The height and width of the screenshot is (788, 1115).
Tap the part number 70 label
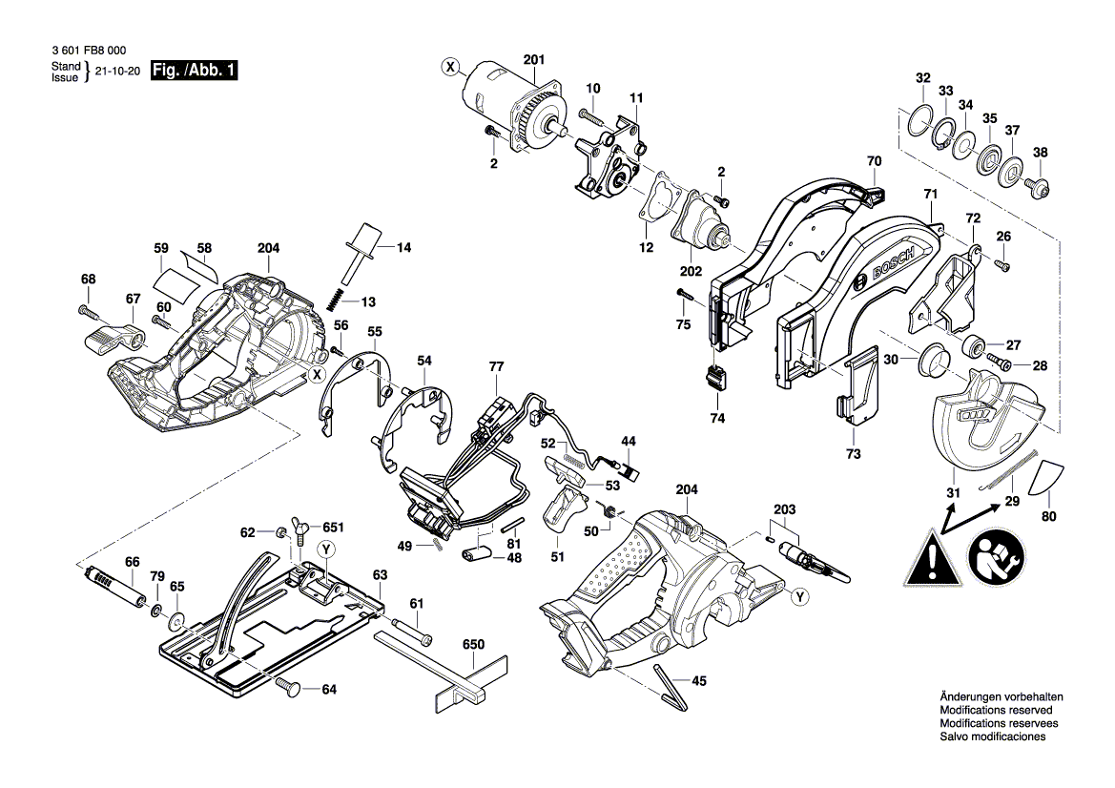[875, 161]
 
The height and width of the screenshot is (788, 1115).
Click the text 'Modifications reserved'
[996, 711]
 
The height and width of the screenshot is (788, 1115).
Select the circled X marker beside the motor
[450, 66]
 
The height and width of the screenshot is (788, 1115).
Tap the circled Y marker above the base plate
[325, 548]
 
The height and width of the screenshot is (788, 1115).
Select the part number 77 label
[495, 367]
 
